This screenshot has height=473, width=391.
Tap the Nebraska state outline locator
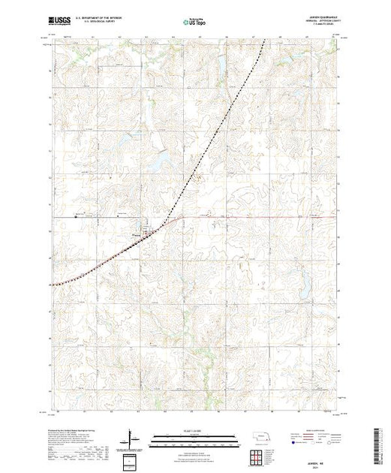[x=257, y=436]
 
